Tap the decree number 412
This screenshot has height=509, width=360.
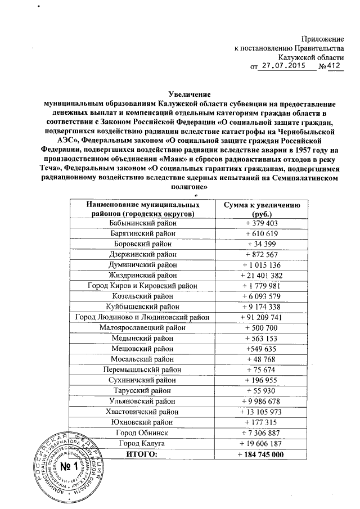[x=334, y=66]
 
